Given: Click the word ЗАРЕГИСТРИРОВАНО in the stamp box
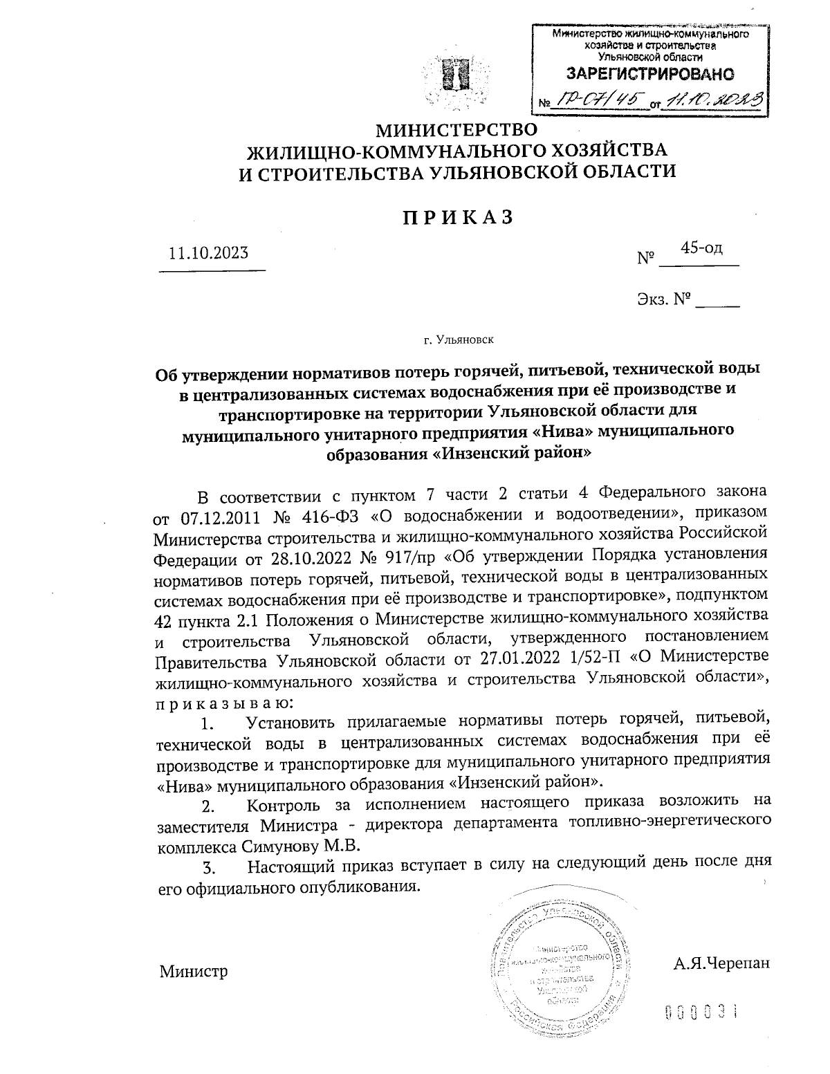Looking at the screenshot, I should (650, 74).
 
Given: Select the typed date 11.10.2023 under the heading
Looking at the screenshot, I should (208, 253).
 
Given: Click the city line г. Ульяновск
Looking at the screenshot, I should (459, 340).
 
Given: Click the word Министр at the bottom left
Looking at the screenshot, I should (194, 971).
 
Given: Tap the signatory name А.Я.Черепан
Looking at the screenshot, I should (721, 963).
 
